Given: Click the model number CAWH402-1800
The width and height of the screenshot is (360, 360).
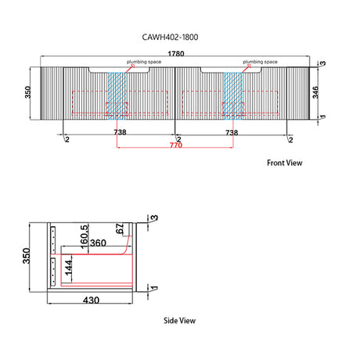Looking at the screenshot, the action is (x=170, y=37).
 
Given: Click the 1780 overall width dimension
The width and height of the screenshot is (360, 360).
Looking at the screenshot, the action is (x=176, y=54).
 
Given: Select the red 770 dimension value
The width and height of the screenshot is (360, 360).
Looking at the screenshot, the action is (x=176, y=145).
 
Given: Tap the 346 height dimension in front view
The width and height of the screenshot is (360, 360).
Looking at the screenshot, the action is (x=315, y=92).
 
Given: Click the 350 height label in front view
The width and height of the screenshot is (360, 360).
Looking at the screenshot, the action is (x=27, y=92).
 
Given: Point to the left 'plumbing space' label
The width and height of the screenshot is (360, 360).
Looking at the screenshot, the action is (x=144, y=62).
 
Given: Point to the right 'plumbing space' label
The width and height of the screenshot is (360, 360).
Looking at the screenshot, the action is (x=260, y=62).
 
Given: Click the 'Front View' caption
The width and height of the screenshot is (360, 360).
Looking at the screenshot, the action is (x=285, y=163).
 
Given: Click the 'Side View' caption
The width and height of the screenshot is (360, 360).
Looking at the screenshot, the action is (x=179, y=320).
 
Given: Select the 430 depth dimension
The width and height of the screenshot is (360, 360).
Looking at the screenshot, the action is (x=91, y=301).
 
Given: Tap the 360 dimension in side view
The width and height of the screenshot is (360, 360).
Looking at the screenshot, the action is (x=98, y=243).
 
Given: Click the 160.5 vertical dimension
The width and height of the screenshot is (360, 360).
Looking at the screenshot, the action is (x=85, y=237).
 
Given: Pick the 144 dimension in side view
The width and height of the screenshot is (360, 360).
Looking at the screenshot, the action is (x=68, y=268).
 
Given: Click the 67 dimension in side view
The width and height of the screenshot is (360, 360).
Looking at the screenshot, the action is (x=120, y=229).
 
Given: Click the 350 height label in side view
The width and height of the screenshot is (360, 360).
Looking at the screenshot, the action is (x=27, y=256).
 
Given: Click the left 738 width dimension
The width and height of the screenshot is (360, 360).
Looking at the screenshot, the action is (x=120, y=132).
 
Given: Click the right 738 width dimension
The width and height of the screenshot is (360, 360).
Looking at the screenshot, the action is (x=232, y=132).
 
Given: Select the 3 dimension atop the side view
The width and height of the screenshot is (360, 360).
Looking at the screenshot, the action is (x=154, y=218).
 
